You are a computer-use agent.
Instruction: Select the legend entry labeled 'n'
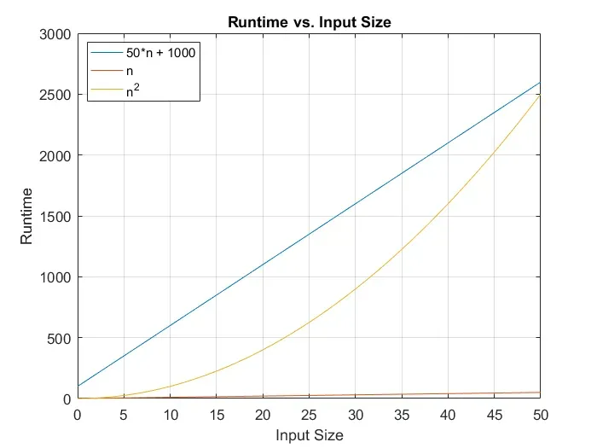click(129, 71)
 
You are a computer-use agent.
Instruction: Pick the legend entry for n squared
click(134, 88)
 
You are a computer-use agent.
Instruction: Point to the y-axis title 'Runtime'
click(27, 217)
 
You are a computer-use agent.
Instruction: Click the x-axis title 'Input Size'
click(309, 436)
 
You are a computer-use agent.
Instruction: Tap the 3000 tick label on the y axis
click(55, 34)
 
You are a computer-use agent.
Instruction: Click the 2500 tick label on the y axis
click(55, 95)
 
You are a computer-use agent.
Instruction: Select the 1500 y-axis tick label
click(55, 217)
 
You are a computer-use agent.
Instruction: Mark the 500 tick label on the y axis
click(59, 338)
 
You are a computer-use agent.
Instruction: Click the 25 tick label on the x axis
click(309, 416)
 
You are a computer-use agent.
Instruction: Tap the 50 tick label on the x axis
click(540, 416)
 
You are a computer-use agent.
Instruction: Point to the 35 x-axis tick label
click(401, 416)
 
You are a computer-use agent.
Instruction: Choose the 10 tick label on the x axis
click(170, 416)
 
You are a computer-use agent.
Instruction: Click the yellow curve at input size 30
click(355, 289)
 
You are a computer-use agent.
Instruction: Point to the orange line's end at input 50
click(540, 393)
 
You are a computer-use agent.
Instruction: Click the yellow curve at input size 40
click(448, 204)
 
